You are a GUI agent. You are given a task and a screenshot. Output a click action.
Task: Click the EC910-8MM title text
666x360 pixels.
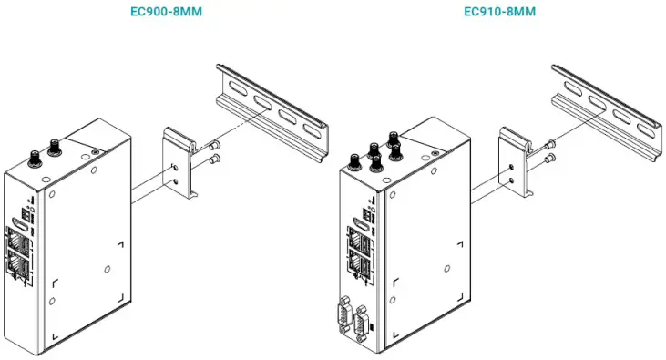[499, 12]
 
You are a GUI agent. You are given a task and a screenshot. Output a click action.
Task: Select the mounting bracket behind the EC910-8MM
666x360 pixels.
[516, 164]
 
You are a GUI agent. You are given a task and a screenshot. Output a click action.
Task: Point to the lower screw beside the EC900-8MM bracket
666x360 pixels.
[214, 160]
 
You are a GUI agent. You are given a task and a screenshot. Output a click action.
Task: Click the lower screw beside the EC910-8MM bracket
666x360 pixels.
[549, 159]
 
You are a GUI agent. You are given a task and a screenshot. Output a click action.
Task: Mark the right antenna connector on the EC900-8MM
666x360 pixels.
[55, 145]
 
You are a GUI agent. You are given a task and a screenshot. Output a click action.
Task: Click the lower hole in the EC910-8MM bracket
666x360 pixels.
[513, 180]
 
